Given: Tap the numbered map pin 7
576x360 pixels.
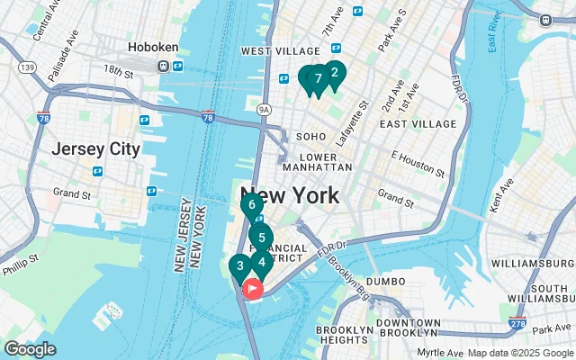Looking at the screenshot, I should click(x=318, y=79).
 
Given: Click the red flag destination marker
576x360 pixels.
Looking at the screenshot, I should click(x=253, y=289).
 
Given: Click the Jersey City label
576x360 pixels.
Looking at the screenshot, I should click(x=95, y=148).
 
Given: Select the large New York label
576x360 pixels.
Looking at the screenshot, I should click(x=289, y=195).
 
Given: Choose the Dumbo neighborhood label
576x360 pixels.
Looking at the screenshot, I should click(x=386, y=282).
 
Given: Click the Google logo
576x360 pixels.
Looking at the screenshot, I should click(x=31, y=348).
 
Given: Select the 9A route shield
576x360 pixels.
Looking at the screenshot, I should click(x=264, y=110).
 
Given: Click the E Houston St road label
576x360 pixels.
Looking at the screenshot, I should click(x=418, y=164).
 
